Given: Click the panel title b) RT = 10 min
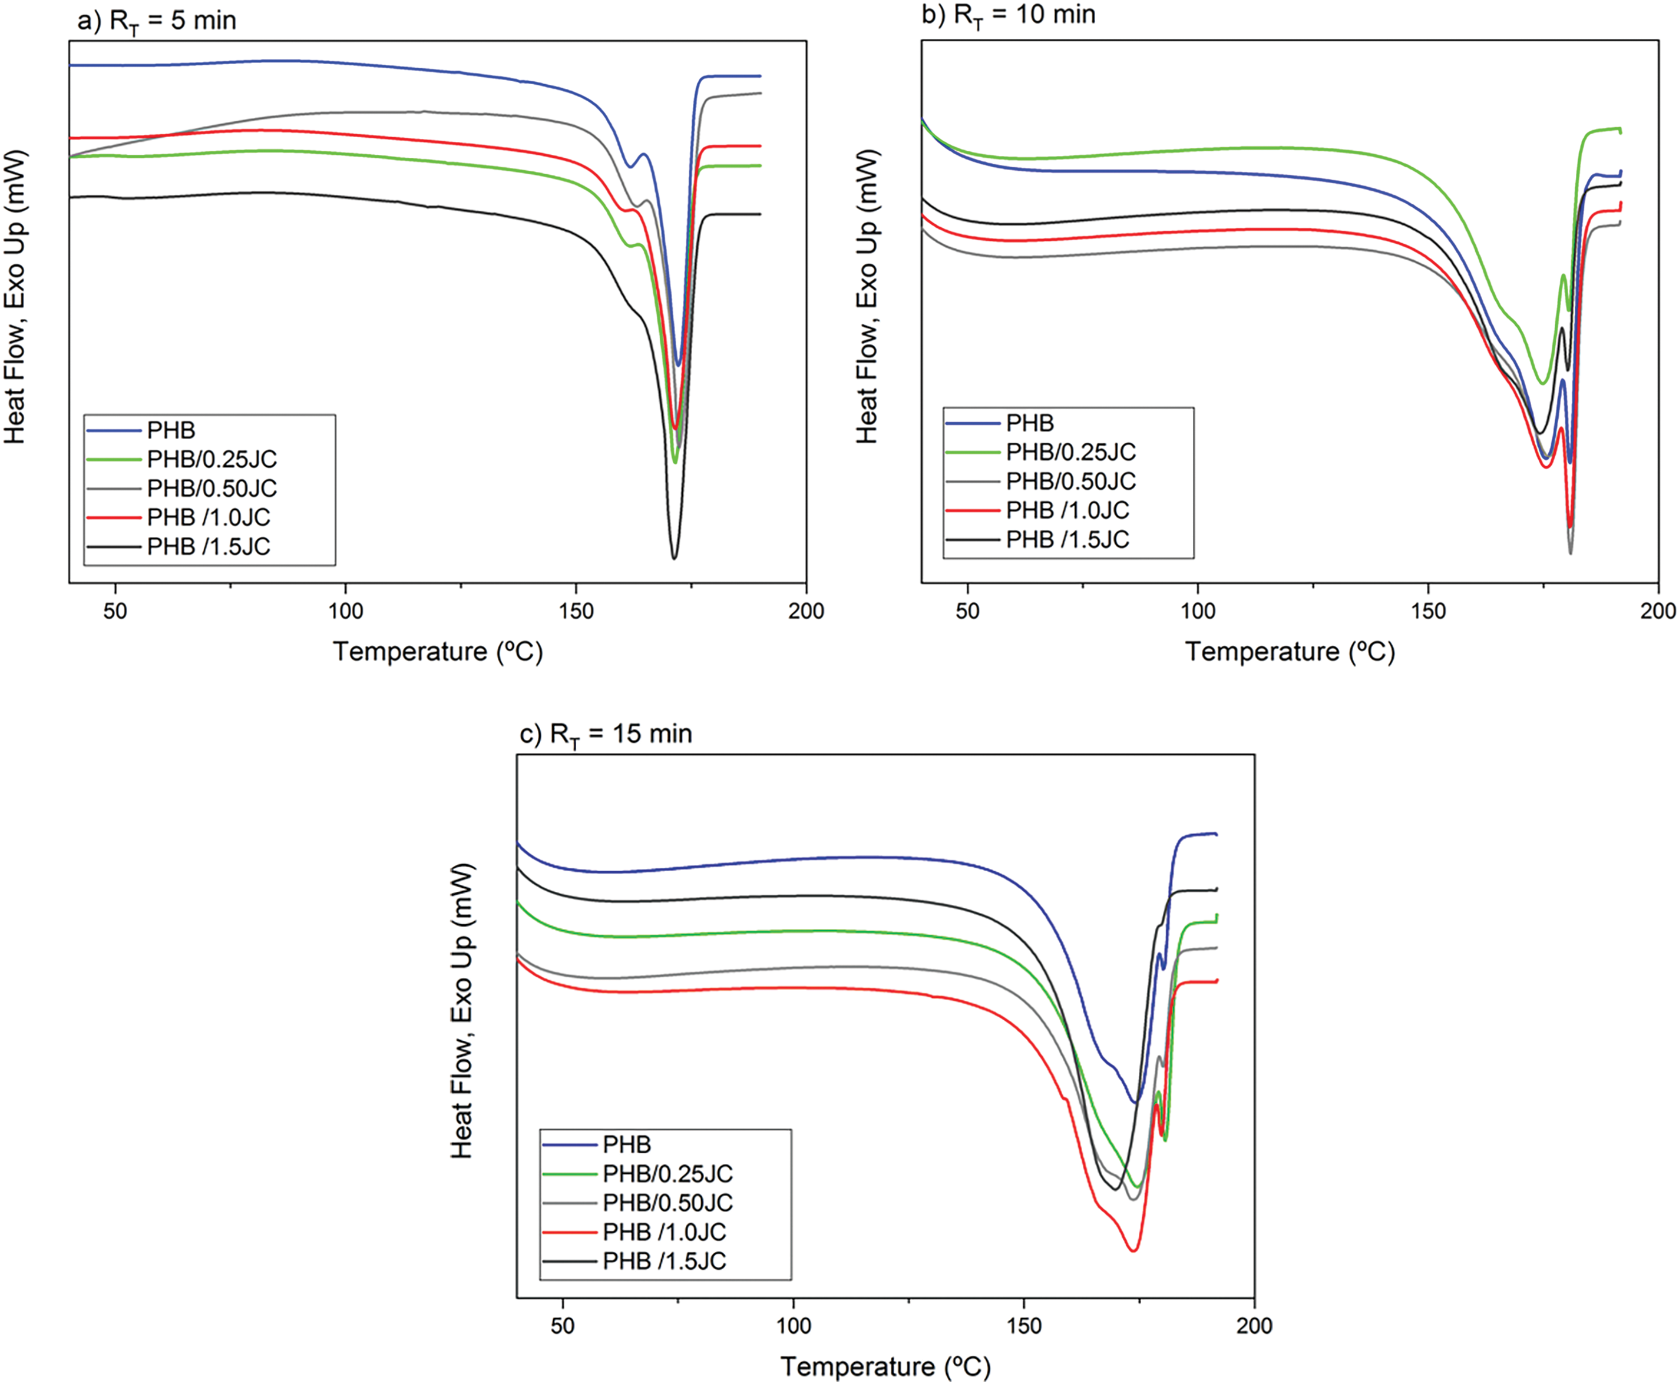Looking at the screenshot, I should coord(1008,16).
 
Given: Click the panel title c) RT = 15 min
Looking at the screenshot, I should coord(606,734).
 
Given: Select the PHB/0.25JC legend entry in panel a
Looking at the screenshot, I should coord(211,459).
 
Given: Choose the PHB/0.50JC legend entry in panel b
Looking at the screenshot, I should coord(1070,482).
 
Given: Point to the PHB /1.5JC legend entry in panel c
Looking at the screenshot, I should coord(665,1261).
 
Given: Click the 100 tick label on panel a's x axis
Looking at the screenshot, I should coord(345,612).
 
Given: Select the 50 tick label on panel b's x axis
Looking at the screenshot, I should coord(967,612).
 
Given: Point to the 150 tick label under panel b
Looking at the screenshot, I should coord(1428,612).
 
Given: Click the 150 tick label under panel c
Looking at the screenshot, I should coord(1024,1326).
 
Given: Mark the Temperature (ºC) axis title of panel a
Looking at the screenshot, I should coord(438,651).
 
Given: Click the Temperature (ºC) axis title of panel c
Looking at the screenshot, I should coord(885,1366).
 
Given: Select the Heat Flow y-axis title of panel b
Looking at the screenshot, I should coord(867,297).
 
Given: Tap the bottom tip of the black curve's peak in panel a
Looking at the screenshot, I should coord(674,558).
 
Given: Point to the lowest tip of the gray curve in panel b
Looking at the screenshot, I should coord(1571,553).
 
